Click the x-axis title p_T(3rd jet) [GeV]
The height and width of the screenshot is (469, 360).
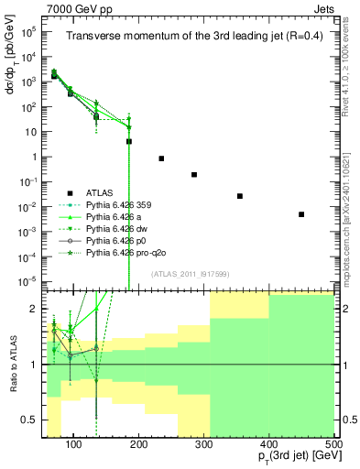(x=286, y=458)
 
